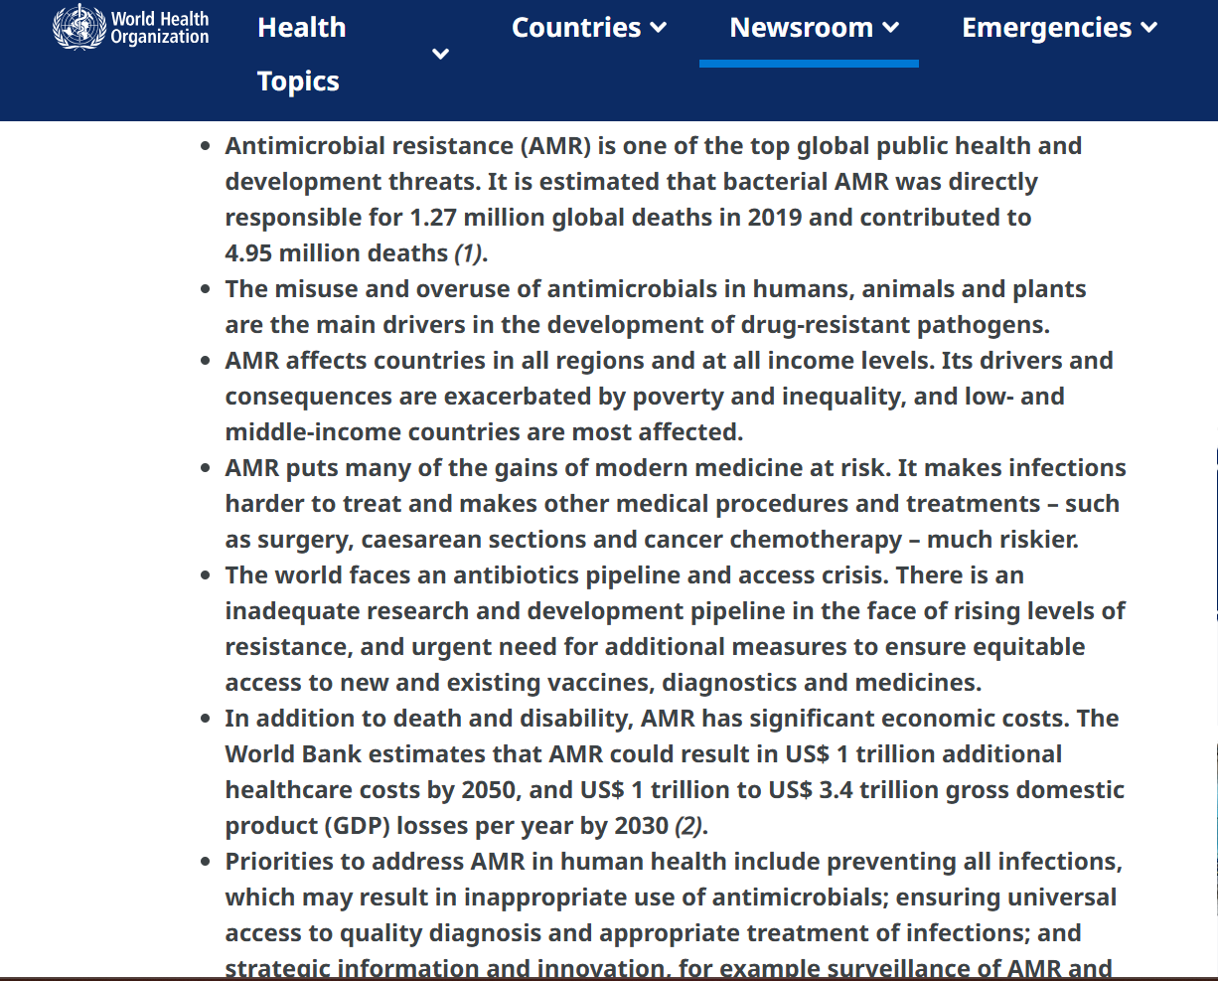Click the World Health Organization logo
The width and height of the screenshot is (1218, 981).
(131, 28)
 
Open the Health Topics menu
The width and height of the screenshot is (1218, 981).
(301, 54)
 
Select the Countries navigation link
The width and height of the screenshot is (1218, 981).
(576, 28)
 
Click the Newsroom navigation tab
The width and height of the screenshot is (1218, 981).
(801, 28)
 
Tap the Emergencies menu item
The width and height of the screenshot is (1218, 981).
(1046, 28)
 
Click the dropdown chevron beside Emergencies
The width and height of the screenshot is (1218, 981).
(1149, 28)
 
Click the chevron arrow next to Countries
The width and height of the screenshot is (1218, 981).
(659, 28)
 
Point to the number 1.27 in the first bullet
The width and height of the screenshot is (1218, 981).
(433, 218)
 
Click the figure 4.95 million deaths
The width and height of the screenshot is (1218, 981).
(337, 253)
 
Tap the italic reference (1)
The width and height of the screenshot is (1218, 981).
(469, 253)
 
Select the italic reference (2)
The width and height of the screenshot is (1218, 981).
(689, 826)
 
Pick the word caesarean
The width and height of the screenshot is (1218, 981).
(422, 540)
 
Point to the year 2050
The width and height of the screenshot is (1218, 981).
(489, 790)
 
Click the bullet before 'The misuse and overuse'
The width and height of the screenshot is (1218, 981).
(206, 290)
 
